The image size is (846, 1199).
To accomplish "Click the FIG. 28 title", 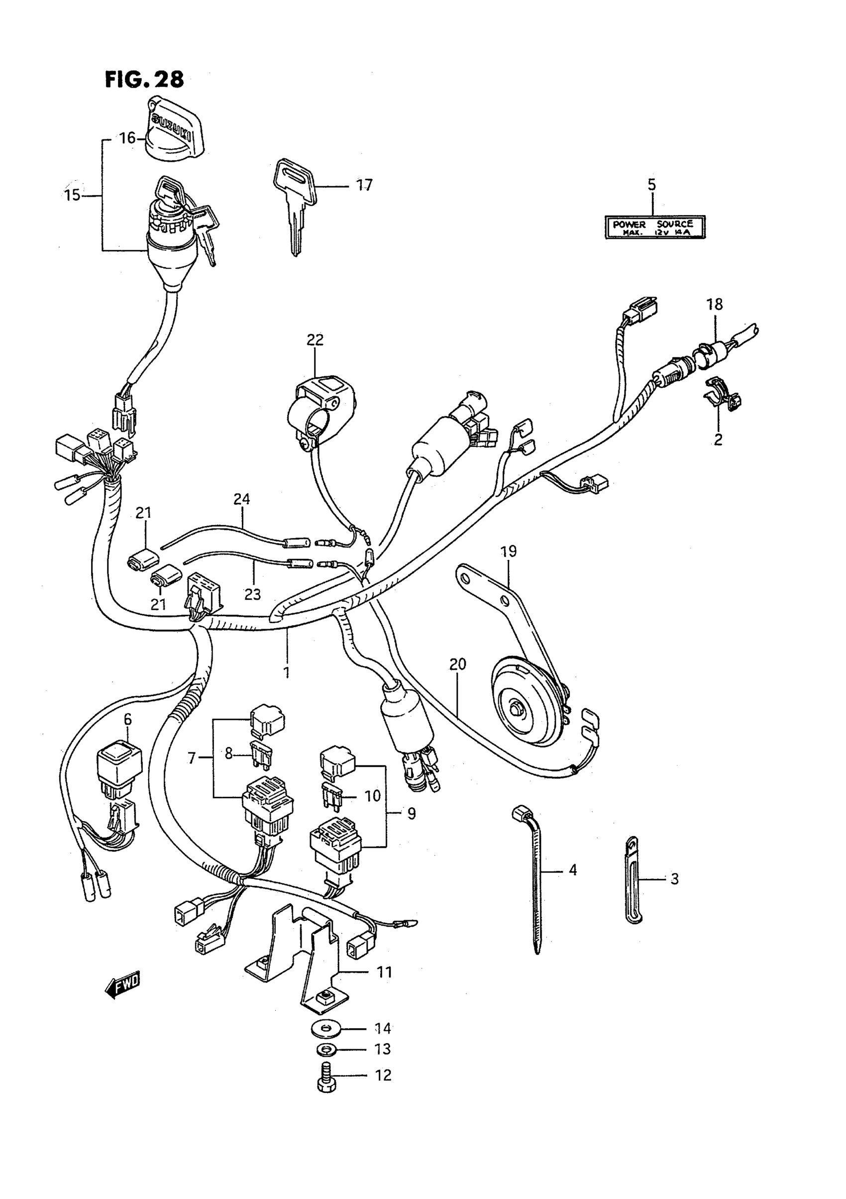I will [x=145, y=79].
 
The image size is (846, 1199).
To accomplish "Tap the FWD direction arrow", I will [x=123, y=984].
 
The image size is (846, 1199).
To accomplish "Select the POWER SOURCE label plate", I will [x=655, y=227].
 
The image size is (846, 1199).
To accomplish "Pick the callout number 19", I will [x=508, y=551].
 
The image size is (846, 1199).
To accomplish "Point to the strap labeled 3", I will [x=633, y=880].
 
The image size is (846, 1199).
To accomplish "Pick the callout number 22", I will [x=315, y=340].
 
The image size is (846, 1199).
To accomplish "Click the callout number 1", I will [x=287, y=671].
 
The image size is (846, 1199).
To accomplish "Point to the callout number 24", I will [x=241, y=499].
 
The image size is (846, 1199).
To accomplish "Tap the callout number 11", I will [x=384, y=973].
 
